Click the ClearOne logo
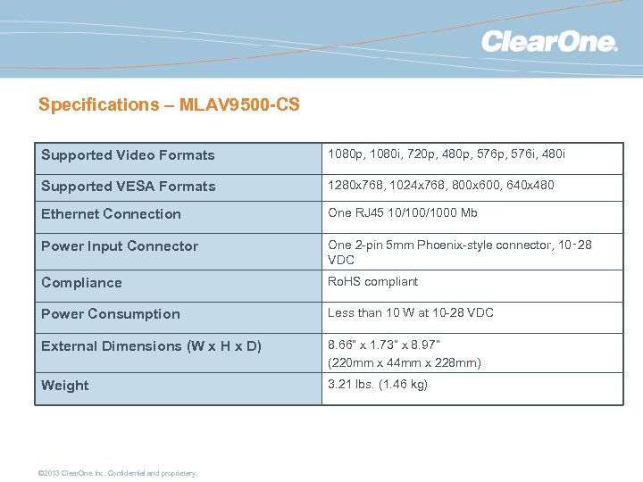[x=549, y=41]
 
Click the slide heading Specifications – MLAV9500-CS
[x=169, y=104]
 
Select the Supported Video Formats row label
[x=128, y=155]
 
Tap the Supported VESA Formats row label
[x=128, y=187]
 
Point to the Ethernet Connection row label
[x=111, y=214]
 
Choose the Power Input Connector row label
[x=120, y=246]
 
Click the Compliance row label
[x=81, y=283]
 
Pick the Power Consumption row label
[x=111, y=314]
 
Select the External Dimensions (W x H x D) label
[x=151, y=346]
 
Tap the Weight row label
[x=65, y=386]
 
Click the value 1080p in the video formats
[x=345, y=154]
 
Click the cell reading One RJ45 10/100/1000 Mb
[x=403, y=212]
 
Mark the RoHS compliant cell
[x=372, y=281]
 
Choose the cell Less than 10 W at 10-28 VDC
[x=410, y=312]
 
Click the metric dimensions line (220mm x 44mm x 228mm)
[x=405, y=362]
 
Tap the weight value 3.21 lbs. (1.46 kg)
[x=378, y=384]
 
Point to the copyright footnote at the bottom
[x=118, y=473]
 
